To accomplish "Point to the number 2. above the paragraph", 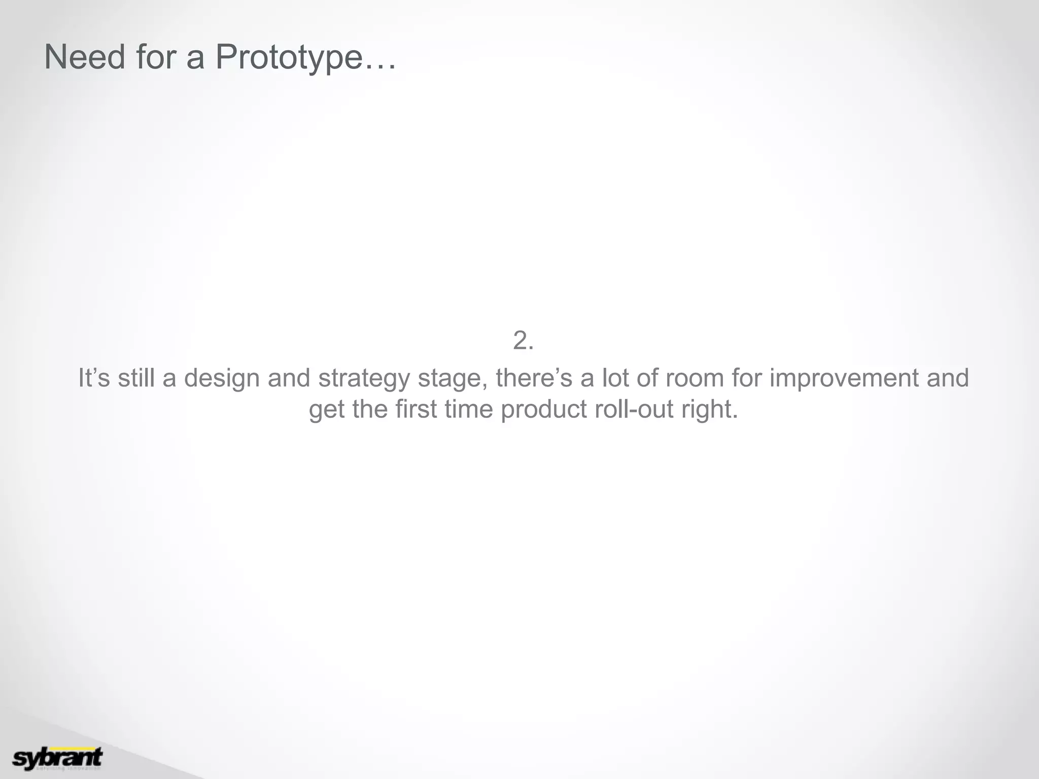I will coord(523,340).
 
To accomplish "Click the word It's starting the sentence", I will coord(94,378).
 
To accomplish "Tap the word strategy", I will coord(363,378).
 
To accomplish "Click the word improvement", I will coord(844,378).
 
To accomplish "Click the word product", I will coord(543,409).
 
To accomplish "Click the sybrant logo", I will coord(57,758).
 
